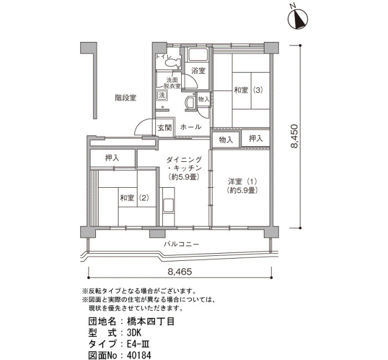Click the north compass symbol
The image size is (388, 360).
(298, 19)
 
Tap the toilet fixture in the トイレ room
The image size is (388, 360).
(173, 62)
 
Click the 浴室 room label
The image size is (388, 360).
(198, 71)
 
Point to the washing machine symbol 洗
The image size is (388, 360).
(162, 95)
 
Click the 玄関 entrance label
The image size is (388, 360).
(165, 127)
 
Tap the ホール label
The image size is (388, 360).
(191, 127)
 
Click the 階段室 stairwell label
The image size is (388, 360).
(126, 98)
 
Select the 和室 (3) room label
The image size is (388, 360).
(248, 90)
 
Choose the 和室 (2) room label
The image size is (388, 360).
(135, 198)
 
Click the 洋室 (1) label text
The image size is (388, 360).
(243, 182)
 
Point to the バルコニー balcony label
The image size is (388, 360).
(181, 244)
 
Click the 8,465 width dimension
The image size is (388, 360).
(180, 272)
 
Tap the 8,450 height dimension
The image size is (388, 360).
(294, 136)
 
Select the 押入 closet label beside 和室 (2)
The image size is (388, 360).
(112, 158)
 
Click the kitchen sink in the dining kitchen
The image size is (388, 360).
(169, 205)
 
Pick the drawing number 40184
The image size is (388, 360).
(139, 355)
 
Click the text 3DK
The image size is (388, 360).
(134, 333)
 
